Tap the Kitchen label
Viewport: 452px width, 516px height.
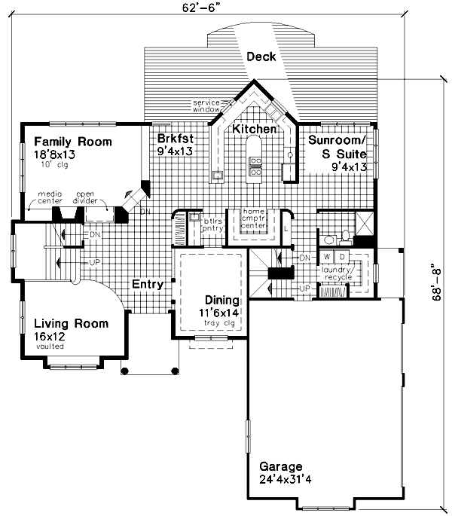click(x=254, y=130)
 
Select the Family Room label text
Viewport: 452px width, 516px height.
click(x=72, y=142)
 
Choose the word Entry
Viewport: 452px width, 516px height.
click(x=148, y=284)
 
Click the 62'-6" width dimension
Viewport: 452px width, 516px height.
click(x=224, y=8)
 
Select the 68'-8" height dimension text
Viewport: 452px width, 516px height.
click(x=438, y=282)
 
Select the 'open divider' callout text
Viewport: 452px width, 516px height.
click(x=96, y=198)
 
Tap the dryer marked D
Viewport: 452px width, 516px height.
click(x=341, y=257)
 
